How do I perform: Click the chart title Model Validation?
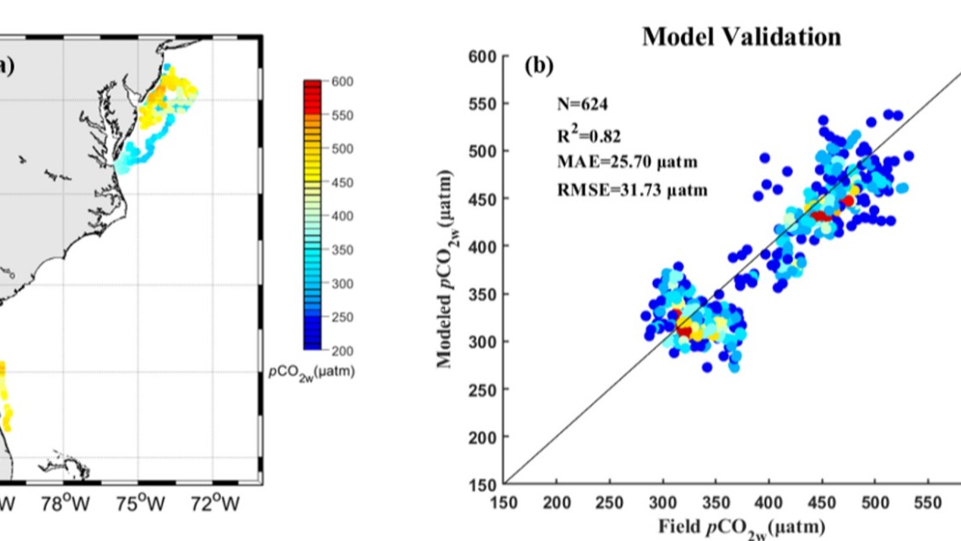tap(741, 37)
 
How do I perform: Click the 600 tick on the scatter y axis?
tap(479, 57)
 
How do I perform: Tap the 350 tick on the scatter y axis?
tap(479, 295)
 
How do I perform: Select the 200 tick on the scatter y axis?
tap(479, 437)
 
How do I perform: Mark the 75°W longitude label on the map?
tap(140, 504)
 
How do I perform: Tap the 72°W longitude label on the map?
tap(217, 504)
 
